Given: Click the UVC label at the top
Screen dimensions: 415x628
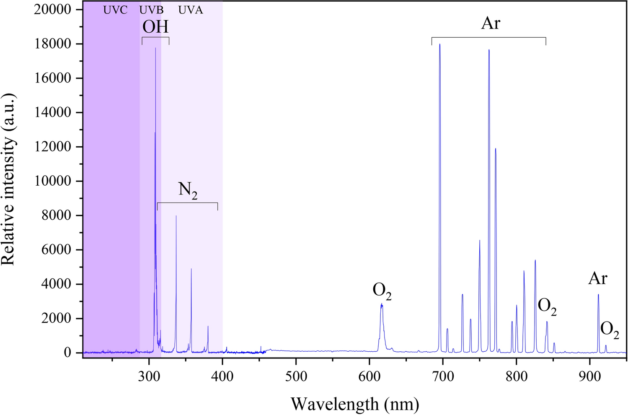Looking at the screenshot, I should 115,10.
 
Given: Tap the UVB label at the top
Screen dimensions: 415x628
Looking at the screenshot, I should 151,10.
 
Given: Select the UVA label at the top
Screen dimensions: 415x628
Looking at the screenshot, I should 191,10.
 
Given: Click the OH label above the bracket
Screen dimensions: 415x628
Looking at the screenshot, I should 155,27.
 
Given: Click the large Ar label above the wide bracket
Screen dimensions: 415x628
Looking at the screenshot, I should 490,23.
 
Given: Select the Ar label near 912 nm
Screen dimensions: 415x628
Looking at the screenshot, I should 597,278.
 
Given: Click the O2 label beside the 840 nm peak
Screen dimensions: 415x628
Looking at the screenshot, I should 547,307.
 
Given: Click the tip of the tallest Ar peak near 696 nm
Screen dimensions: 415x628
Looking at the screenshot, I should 439,44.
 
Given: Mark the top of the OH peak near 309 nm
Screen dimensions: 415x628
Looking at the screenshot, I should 155,48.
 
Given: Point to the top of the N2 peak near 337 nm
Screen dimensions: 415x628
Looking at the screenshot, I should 176,216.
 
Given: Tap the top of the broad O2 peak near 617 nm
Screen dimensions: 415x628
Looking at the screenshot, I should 382,304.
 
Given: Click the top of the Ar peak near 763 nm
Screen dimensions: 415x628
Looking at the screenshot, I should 488,50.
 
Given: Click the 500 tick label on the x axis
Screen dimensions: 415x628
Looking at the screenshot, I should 296,376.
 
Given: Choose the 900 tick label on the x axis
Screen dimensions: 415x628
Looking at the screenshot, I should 590,376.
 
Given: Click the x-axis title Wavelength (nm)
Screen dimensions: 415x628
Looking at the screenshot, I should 354,404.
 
